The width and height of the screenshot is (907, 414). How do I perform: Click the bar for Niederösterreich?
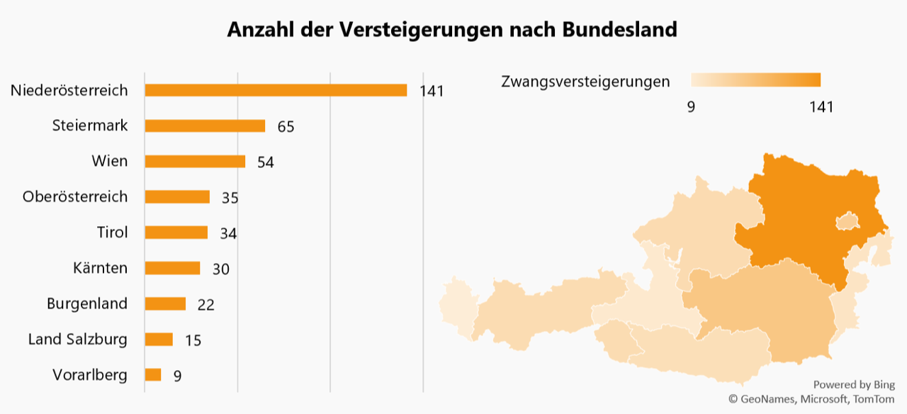click(276, 90)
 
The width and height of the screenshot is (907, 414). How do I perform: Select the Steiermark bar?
click(205, 125)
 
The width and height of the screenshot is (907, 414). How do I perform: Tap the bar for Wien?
click(195, 161)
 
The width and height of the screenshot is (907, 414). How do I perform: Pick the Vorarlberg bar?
click(153, 374)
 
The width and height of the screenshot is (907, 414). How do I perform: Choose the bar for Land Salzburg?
click(159, 339)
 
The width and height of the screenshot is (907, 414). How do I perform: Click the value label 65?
click(286, 127)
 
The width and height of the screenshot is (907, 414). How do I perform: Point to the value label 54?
click(265, 162)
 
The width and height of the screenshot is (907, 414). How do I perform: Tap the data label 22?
click(205, 305)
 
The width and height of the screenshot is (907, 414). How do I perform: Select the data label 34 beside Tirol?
click(228, 233)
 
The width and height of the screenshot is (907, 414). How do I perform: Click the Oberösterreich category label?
click(75, 196)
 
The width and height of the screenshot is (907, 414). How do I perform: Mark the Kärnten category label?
click(100, 268)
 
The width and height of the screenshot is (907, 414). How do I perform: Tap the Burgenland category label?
click(87, 303)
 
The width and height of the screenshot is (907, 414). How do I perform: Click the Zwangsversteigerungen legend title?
click(585, 82)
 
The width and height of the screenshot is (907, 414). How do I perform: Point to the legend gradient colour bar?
click(755, 79)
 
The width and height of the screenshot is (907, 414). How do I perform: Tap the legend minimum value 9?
click(691, 107)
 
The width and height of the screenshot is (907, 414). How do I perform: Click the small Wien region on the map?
click(847, 222)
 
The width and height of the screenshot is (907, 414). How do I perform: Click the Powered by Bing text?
click(854, 384)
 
